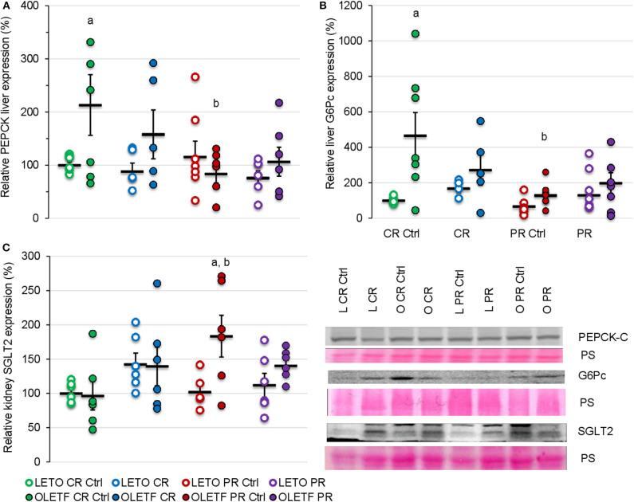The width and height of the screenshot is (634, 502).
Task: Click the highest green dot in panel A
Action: click(x=91, y=41)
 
